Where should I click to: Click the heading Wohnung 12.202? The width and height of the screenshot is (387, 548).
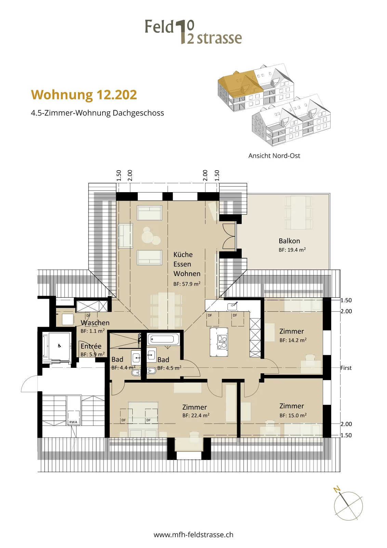pos(84,95)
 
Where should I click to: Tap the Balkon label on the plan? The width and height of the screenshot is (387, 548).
pos(289,241)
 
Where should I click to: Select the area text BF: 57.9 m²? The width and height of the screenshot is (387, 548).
pos(187,284)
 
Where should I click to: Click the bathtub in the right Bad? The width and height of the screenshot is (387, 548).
pos(163,339)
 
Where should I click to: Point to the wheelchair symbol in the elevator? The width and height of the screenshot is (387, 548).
pos(59,346)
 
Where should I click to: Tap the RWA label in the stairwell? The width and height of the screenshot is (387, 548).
pos(73,422)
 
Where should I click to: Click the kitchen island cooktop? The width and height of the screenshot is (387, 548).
pos(222,342)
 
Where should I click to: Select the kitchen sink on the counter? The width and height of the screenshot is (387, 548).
pos(232,306)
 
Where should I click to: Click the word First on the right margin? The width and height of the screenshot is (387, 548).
pos(346,368)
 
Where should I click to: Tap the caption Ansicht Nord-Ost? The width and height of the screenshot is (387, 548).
pos(274,155)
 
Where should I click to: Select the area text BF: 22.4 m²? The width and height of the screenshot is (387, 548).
pos(196,415)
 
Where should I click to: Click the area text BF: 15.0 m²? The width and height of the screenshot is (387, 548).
pos(293,415)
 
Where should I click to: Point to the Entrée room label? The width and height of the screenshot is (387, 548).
pos(91,346)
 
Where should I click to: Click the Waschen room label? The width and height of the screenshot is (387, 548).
pos(95,323)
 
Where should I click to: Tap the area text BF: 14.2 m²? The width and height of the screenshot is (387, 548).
pos(293,340)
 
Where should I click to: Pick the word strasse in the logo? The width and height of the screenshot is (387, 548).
pos(219,39)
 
